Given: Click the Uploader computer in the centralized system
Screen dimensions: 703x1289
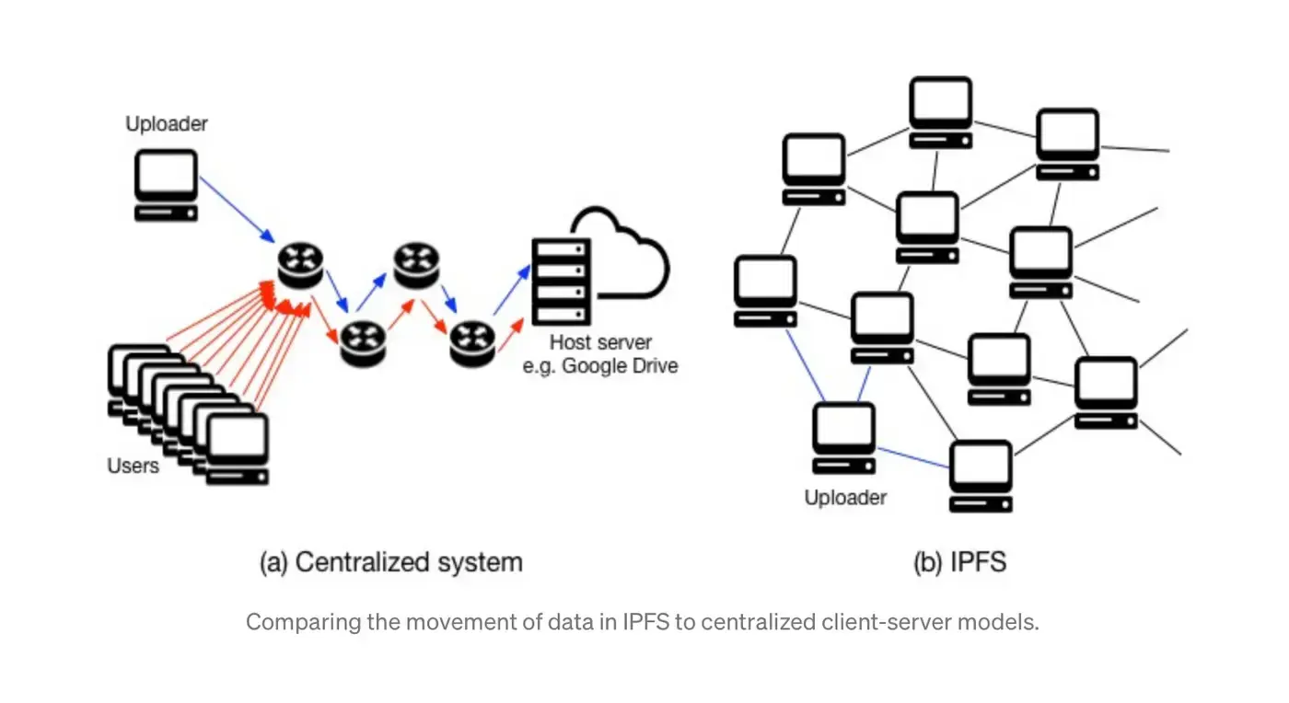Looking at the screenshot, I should pos(166,184).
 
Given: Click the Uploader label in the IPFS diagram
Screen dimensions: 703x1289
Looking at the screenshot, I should pos(845,498).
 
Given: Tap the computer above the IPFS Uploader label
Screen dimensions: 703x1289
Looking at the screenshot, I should pos(844,438).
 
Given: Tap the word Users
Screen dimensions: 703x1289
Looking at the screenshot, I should pos(134,466).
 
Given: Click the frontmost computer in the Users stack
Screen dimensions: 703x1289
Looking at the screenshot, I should pos(238,448).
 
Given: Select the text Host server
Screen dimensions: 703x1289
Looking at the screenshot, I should pos(600,343).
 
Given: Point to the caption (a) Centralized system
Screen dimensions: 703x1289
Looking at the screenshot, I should pos(390,562).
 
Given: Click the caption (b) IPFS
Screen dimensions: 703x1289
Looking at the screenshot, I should pos(959,562).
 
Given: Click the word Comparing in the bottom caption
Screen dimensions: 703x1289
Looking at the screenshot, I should pos(291,622).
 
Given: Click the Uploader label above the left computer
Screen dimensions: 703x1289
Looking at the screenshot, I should pos(166,123).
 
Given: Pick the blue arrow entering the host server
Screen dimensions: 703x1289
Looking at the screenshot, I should pos(512,291).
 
